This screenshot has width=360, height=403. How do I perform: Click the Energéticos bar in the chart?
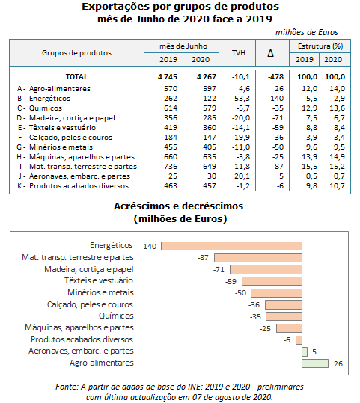click(231, 246)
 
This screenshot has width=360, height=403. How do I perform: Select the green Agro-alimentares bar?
click(315, 363)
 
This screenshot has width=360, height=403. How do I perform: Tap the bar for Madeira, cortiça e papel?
click(266, 269)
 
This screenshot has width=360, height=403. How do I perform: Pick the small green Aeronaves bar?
click(305, 351)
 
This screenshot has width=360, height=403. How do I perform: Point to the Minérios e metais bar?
click(276, 293)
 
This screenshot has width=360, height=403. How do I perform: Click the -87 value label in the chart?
click(203, 258)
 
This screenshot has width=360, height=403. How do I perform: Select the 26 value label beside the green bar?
click(338, 363)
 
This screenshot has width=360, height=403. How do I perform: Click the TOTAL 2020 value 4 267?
click(207, 76)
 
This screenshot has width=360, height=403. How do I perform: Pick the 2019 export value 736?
click(171, 167)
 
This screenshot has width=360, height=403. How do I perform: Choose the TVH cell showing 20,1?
click(242, 176)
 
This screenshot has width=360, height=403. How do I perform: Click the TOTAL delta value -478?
click(275, 76)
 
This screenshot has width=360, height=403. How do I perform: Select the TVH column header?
click(239, 53)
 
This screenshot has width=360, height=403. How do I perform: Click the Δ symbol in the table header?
click(270, 53)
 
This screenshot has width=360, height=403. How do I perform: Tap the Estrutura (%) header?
click(320, 46)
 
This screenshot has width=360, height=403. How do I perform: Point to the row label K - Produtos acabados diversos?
click(73, 186)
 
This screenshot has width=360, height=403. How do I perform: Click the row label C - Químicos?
click(40, 108)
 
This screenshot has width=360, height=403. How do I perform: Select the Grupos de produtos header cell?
click(76, 53)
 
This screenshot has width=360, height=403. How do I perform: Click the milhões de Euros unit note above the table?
click(306, 32)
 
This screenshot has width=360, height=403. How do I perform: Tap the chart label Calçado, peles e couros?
click(90, 304)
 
